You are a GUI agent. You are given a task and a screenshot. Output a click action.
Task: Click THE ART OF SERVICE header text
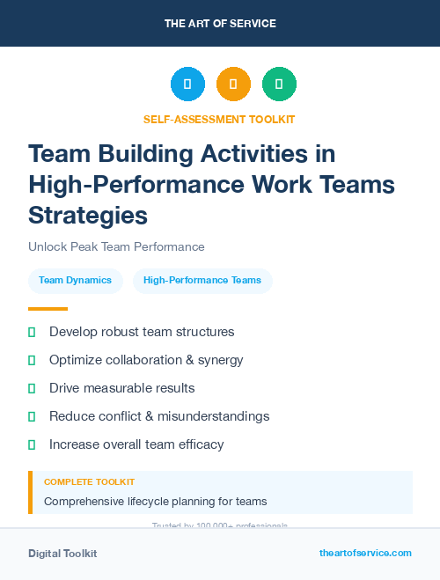pyautogui.click(x=220, y=24)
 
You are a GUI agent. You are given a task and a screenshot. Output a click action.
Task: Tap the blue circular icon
pyautogui.click(x=187, y=84)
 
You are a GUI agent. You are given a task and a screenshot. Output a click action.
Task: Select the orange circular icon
pyautogui.click(x=233, y=84)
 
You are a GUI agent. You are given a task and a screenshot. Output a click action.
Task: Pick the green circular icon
pyautogui.click(x=279, y=84)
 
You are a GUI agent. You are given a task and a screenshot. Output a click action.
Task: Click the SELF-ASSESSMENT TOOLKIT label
pyautogui.click(x=220, y=119)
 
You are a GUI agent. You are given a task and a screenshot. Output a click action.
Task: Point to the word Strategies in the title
pyautogui.click(x=88, y=215)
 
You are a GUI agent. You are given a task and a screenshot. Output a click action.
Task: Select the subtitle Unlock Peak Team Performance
pyautogui.click(x=116, y=246)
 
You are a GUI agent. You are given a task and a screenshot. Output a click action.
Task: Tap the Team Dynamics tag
pyautogui.click(x=75, y=281)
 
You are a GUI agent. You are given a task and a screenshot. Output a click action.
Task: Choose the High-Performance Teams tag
pyautogui.click(x=202, y=281)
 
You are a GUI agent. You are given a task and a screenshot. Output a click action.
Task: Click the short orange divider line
pyautogui.click(x=48, y=309)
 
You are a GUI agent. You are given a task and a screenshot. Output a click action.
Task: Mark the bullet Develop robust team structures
pyautogui.click(x=142, y=332)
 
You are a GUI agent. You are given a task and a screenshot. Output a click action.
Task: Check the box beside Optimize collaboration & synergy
pyautogui.click(x=32, y=360)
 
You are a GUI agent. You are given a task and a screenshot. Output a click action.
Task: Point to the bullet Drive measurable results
pyautogui.click(x=121, y=388)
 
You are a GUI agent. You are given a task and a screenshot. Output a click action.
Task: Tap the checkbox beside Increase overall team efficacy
pyautogui.click(x=32, y=444)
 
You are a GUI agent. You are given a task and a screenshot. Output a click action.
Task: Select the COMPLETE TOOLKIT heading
pyautogui.click(x=89, y=482)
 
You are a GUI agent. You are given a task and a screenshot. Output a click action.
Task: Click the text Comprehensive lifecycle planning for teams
pyautogui.click(x=155, y=502)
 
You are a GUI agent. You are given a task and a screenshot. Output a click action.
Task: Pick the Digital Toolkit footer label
pyautogui.click(x=62, y=554)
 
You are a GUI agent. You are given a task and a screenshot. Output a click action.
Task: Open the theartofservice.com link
pyautogui.click(x=365, y=553)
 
